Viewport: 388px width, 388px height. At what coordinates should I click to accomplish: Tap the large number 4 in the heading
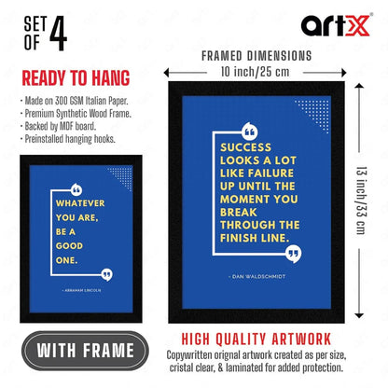pyautogui.click(x=57, y=36)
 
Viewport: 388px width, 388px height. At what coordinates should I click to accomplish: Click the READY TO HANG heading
pyautogui.click(x=76, y=78)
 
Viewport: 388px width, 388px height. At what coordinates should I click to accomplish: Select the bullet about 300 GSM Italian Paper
pyautogui.click(x=71, y=99)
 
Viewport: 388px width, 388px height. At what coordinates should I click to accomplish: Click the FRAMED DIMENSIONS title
pyautogui.click(x=256, y=55)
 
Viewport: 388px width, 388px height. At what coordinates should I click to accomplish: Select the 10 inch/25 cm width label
pyautogui.click(x=256, y=70)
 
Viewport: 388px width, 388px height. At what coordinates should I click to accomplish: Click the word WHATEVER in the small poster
pyautogui.click(x=80, y=202)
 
